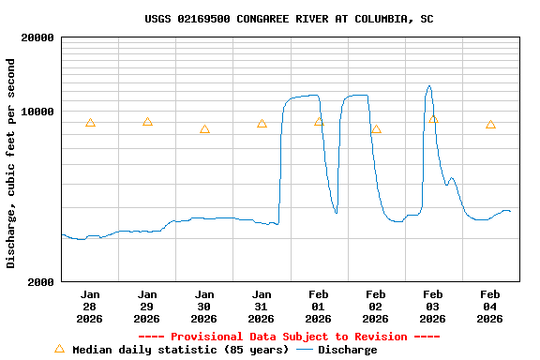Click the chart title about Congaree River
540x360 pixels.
(x=289, y=19)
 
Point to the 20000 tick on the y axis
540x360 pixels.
(x=37, y=37)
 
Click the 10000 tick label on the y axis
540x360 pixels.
(x=37, y=112)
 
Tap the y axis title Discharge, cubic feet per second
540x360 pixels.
(x=11, y=163)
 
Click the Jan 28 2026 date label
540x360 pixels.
(x=90, y=307)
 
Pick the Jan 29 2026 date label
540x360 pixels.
(x=147, y=307)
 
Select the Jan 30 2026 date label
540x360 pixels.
(x=204, y=307)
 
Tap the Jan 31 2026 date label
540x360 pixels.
(x=262, y=307)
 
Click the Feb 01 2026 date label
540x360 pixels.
(x=319, y=307)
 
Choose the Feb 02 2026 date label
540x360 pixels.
(x=376, y=307)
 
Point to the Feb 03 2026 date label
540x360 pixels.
(x=433, y=307)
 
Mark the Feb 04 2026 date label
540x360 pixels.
(x=490, y=307)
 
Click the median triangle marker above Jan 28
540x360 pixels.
(x=90, y=123)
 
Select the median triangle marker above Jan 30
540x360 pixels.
(x=204, y=129)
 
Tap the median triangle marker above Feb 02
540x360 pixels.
(x=376, y=129)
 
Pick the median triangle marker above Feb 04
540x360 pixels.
(x=490, y=125)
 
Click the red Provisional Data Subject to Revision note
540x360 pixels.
(x=289, y=337)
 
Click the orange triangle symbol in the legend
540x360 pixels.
(x=59, y=349)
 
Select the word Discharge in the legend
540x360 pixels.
(x=348, y=350)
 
